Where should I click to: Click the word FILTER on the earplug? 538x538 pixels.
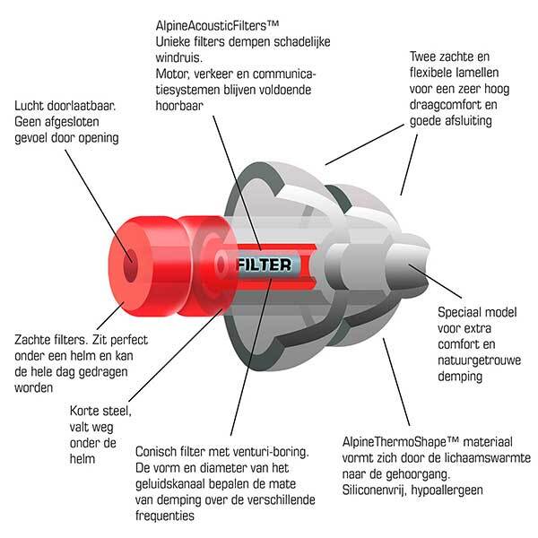click(265, 265)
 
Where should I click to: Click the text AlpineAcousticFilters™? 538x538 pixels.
click(217, 25)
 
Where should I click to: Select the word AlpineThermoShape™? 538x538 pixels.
click(401, 442)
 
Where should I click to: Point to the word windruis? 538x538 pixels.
click(178, 57)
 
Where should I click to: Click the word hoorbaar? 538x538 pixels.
click(179, 105)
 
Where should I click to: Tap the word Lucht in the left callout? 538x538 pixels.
click(30, 106)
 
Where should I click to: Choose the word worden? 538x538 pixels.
click(34, 388)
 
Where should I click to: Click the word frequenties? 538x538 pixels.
click(165, 516)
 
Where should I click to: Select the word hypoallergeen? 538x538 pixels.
click(447, 490)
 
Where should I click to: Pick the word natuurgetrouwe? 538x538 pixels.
click(480, 360)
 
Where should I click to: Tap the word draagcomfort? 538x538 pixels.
click(443, 105)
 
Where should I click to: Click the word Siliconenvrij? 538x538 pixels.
click(374, 490)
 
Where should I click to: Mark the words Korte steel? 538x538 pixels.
click(100, 411)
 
